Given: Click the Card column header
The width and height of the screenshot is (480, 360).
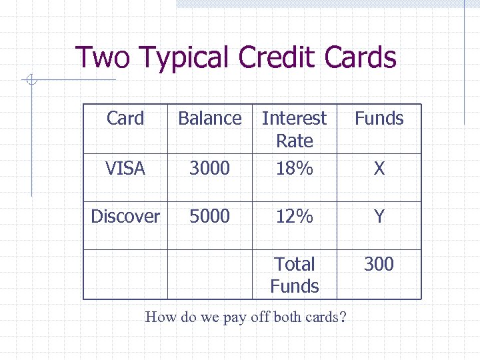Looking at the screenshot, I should coord(125,119).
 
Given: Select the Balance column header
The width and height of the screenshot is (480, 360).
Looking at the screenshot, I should coord(209,119).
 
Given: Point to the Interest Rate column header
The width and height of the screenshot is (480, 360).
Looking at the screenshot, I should coord(294,129).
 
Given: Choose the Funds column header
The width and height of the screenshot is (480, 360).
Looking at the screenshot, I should coord(379,119).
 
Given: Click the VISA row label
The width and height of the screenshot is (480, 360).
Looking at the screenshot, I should coord(125,169).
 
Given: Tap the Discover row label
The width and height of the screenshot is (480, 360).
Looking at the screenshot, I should coord(125,217).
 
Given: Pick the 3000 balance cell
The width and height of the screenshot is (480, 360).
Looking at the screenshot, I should coord(209,169).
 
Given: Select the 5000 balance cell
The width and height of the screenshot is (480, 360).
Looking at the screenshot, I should coord(209,217).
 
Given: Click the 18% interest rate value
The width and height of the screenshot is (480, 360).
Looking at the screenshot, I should coord(294,169).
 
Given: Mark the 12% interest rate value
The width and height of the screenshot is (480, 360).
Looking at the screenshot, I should coord(294,217).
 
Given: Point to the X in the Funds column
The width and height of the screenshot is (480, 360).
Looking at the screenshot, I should coord(379,169).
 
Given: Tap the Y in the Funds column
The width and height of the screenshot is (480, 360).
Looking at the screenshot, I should coord(379,217).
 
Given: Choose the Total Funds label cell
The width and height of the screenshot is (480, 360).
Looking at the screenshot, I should coord(294,275).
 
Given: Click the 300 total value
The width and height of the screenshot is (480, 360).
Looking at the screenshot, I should coord(379,265).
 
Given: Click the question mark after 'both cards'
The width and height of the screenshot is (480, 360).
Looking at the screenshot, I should coord(343,317).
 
